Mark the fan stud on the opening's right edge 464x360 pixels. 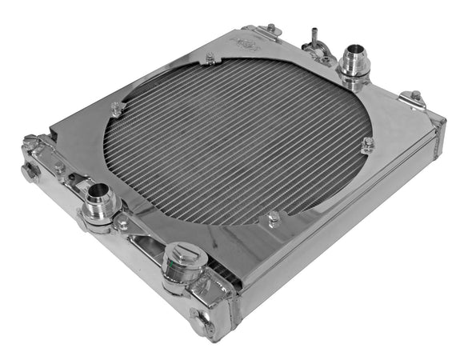[x=367, y=146]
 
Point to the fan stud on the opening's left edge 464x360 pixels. [x=116, y=110]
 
